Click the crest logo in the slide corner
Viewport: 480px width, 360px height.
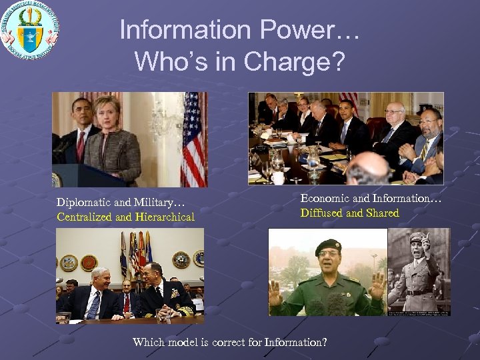[30, 30]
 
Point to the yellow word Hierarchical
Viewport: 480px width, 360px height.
[165, 217]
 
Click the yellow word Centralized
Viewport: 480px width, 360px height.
[85, 217]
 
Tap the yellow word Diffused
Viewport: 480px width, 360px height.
[322, 213]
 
